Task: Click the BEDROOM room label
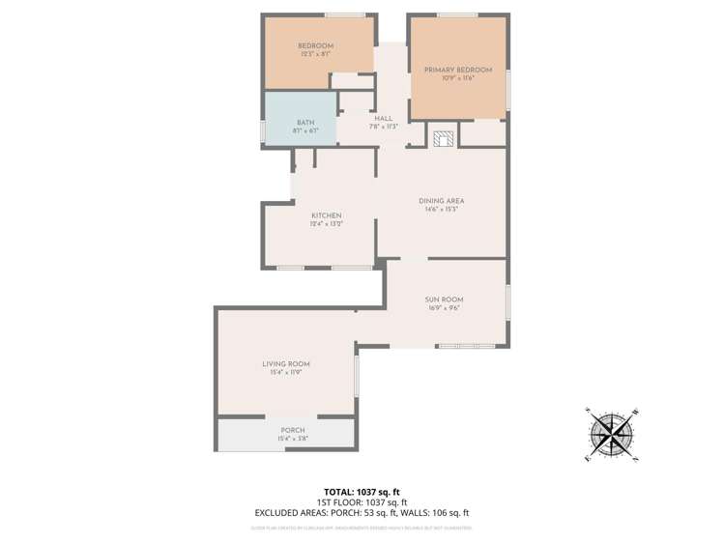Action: click(315, 46)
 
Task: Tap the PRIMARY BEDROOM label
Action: click(458, 70)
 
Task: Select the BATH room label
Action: click(305, 123)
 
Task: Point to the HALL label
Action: click(383, 118)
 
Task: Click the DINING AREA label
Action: click(441, 201)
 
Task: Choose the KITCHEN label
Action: click(326, 215)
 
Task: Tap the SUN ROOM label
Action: click(444, 300)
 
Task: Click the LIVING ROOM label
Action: click(286, 364)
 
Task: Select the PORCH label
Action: click(292, 430)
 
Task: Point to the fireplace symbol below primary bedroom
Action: click(443, 138)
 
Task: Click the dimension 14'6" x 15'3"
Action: click(441, 210)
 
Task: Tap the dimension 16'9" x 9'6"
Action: click(444, 308)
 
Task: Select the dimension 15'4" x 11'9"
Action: click(286, 372)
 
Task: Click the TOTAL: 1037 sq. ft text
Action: click(362, 491)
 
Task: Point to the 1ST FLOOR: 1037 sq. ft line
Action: click(362, 502)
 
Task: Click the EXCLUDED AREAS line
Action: click(362, 514)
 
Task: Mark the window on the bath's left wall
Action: click(263, 130)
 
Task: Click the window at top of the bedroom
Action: click(344, 14)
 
